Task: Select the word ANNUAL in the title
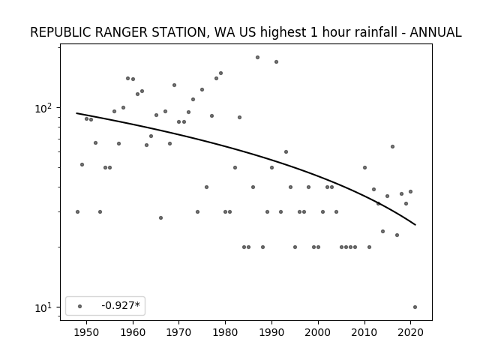click(435, 32)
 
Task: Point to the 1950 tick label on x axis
click(87, 332)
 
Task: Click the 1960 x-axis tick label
click(133, 332)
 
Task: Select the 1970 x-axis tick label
click(179, 332)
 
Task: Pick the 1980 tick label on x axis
click(225, 332)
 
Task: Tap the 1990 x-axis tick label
click(271, 332)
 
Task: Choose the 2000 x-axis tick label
click(318, 332)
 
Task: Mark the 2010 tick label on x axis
click(364, 332)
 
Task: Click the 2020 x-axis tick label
click(410, 332)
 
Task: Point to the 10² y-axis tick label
click(43, 107)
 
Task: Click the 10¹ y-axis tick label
click(43, 307)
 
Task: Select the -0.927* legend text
click(121, 305)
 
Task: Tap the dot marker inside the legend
click(80, 306)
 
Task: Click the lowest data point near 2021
click(415, 307)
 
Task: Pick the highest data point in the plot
click(257, 57)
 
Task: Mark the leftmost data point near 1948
click(77, 211)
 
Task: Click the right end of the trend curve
click(415, 225)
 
